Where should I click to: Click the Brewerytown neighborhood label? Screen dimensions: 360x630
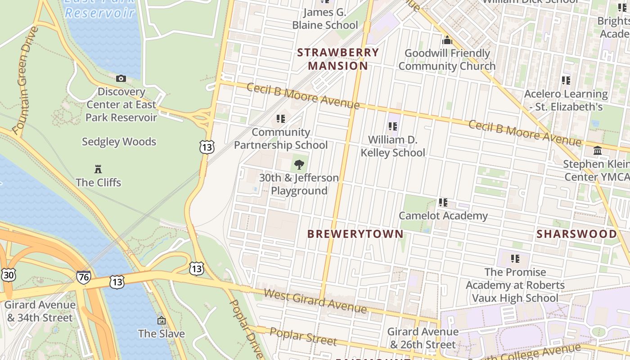click(x=355, y=234)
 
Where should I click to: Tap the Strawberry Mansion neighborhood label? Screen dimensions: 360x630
click(x=338, y=59)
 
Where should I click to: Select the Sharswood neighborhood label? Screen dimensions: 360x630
click(x=576, y=234)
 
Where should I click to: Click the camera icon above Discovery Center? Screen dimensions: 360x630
click(x=121, y=79)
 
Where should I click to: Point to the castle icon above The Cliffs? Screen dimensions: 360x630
click(x=98, y=169)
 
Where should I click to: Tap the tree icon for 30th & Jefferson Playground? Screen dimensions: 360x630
click(x=299, y=165)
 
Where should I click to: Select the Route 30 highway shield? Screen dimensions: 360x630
click(x=8, y=275)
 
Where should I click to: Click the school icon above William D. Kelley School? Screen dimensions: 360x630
click(x=393, y=126)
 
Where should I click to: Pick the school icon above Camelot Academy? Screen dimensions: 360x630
click(x=443, y=203)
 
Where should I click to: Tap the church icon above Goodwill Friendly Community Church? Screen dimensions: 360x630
click(x=447, y=40)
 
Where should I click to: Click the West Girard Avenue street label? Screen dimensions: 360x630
click(x=315, y=301)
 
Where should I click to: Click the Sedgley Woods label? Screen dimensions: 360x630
click(x=119, y=142)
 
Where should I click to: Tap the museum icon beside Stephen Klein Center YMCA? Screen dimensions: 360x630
click(x=598, y=151)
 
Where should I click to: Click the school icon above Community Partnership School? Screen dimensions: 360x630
click(x=281, y=119)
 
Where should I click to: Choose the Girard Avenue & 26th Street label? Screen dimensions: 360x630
click(x=423, y=338)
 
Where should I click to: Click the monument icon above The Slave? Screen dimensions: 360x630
click(x=161, y=320)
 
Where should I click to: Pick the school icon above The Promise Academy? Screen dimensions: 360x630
click(x=515, y=259)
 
